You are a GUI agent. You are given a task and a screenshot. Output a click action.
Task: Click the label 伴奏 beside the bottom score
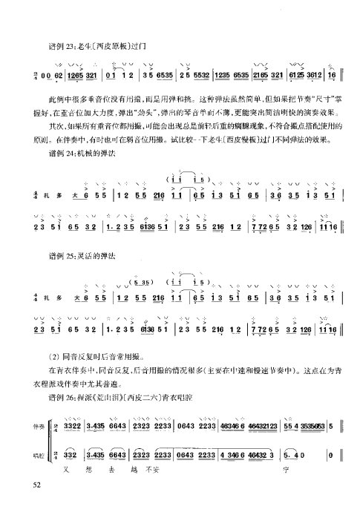(x=32, y=427)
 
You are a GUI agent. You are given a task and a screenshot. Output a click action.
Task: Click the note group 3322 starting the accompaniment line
(x=73, y=427)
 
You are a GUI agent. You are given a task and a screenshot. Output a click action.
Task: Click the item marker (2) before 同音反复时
(x=53, y=357)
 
